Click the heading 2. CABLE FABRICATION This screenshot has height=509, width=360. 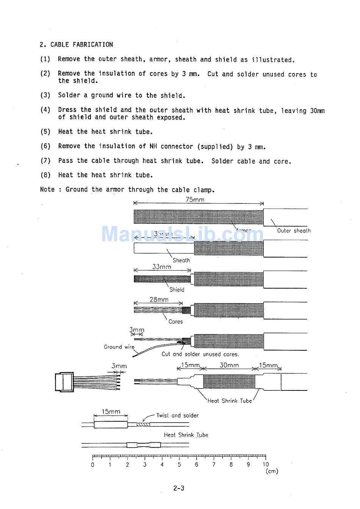click(76, 45)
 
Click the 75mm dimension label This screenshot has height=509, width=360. click(195, 200)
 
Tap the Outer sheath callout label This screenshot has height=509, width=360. click(294, 231)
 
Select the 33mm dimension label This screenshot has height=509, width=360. click(161, 267)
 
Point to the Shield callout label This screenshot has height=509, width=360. click(177, 290)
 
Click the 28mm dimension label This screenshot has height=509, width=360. click(159, 300)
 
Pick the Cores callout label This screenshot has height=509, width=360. click(175, 322)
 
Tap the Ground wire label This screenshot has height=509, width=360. click(119, 347)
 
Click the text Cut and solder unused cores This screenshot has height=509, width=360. click(200, 354)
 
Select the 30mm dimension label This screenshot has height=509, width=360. click(229, 365)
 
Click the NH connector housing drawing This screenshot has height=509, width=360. click(64, 382)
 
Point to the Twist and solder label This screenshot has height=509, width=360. click(177, 415)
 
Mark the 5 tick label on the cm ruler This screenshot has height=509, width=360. click(179, 465)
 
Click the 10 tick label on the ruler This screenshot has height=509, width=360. click(265, 465)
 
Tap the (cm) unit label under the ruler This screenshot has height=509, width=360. click(272, 472)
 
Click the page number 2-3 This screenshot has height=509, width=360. click(179, 488)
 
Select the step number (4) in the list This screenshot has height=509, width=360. click(45, 110)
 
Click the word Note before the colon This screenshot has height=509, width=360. click(47, 189)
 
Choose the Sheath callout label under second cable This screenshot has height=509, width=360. click(181, 260)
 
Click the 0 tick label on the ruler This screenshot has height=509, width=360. click(93, 465)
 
